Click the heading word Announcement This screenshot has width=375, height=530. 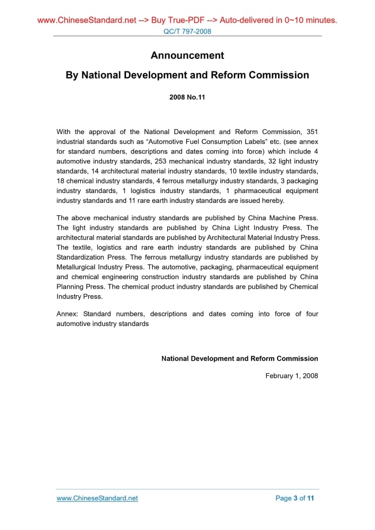187,55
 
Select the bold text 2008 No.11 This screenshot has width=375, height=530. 187,98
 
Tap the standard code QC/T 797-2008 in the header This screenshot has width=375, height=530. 187,31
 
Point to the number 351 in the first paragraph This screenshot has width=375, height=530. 312,132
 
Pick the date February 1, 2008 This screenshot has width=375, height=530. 292,376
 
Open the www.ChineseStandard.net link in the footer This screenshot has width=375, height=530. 97,498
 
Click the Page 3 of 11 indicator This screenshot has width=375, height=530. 295,498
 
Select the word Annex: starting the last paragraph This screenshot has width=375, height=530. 68,314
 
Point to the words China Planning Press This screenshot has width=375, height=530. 81,287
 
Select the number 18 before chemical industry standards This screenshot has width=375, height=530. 61,181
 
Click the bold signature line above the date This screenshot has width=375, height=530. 240,359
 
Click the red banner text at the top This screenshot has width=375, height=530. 187,21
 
